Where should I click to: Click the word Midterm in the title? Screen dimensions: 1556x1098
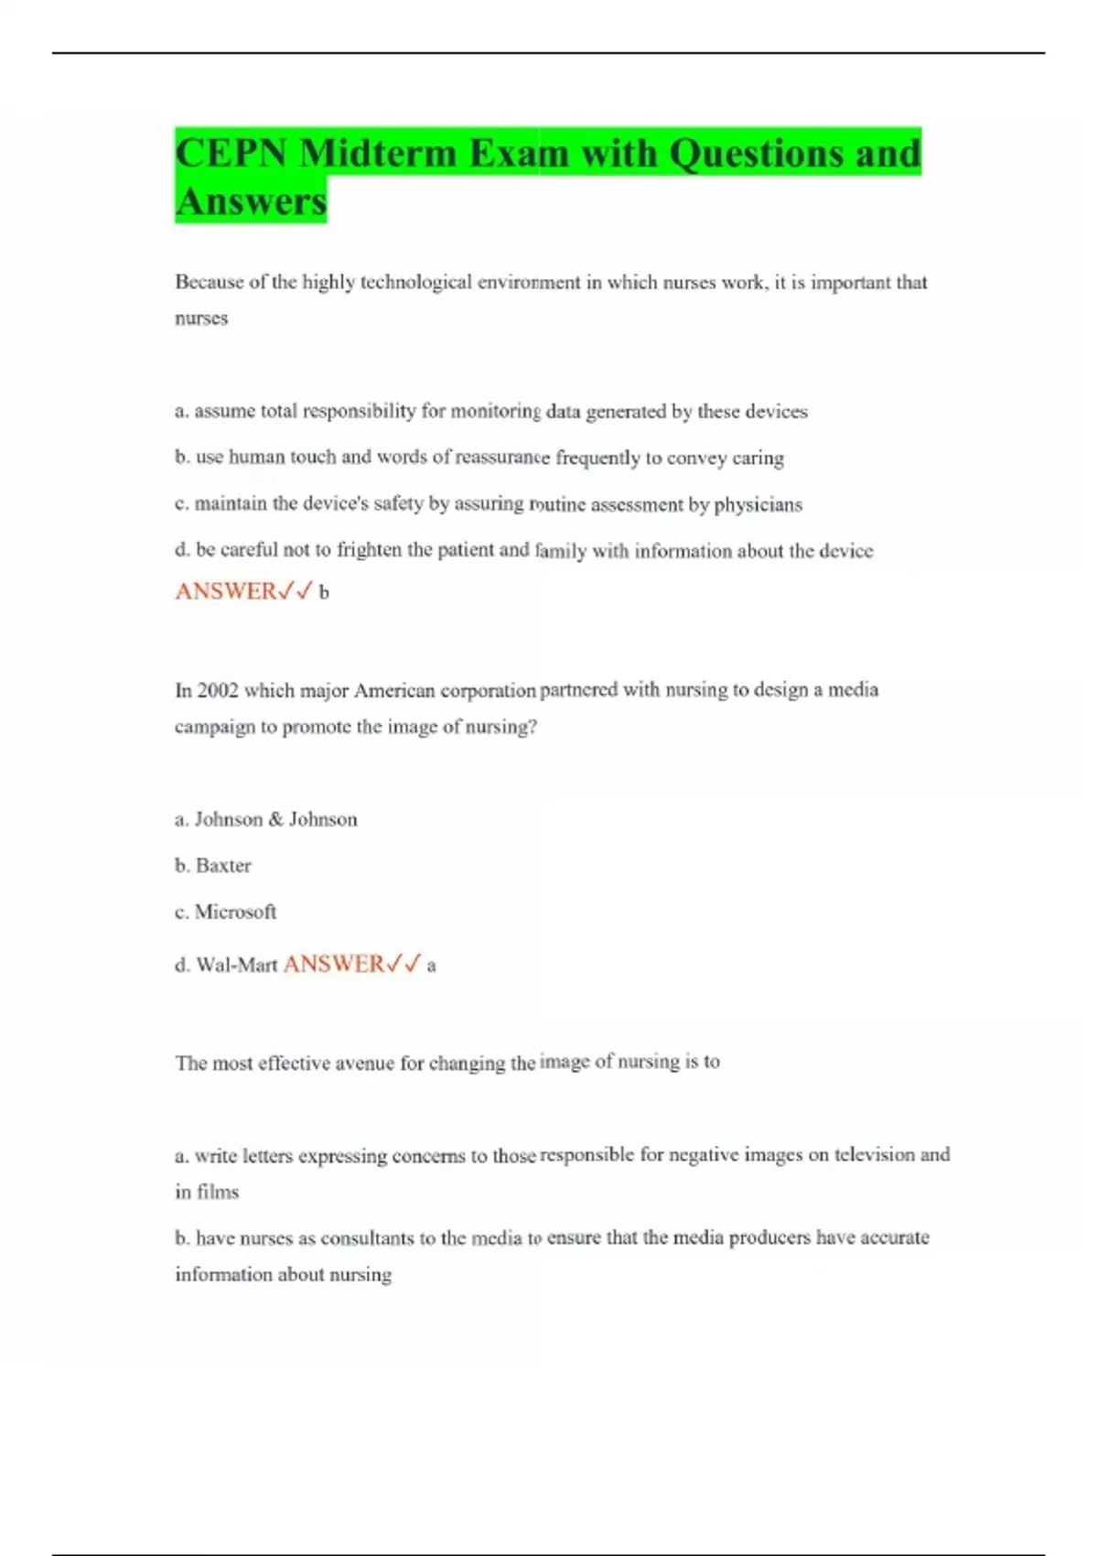378,153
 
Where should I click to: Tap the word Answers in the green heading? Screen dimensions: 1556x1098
252,200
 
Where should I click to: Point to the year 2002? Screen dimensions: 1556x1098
218,690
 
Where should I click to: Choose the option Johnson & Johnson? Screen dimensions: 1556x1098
275,819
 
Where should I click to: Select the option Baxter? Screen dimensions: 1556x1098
223,865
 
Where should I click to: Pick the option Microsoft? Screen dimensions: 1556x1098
235,912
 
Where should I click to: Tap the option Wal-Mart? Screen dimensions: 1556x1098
236,965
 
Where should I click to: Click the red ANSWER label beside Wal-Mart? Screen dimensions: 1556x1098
334,964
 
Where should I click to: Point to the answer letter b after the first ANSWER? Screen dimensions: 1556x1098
324,593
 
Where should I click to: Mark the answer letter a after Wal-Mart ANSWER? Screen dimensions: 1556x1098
432,966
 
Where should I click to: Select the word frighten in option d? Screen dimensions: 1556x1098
369,550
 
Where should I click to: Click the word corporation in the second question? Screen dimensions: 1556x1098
488,690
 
